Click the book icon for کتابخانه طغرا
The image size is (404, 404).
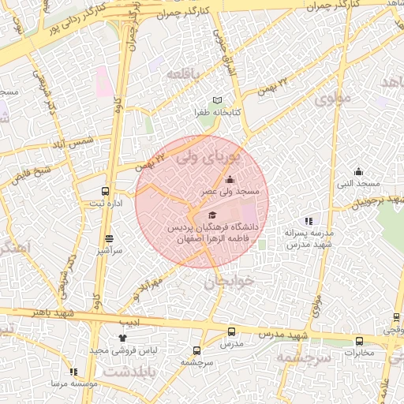pyautogui.click(x=218, y=101)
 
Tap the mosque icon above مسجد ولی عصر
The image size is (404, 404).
pyautogui.click(x=230, y=179)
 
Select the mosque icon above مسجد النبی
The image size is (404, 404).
pyautogui.click(x=359, y=172)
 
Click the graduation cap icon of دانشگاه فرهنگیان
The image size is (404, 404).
pyautogui.click(x=211, y=215)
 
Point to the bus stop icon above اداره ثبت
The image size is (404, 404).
pyautogui.click(x=106, y=191)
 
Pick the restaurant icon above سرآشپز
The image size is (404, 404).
pyautogui.click(x=108, y=238)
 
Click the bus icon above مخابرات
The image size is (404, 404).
pyautogui.click(x=360, y=341)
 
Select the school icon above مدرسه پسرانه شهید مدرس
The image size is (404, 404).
pyautogui.click(x=309, y=221)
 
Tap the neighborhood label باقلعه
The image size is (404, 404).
pyautogui.click(x=185, y=73)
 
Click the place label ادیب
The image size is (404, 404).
pyautogui.click(x=129, y=323)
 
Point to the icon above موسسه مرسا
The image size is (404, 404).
pyautogui.click(x=73, y=371)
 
